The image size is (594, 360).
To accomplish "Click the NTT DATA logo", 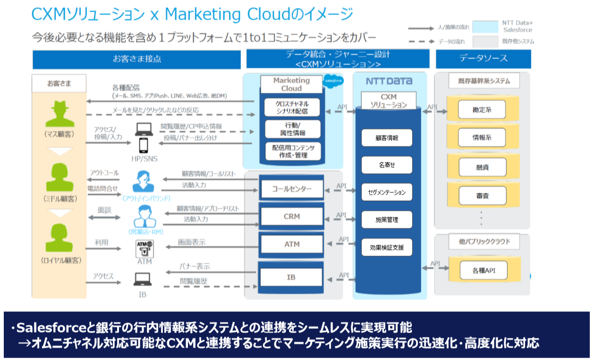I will [389, 81].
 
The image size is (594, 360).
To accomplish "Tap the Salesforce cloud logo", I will [334, 81].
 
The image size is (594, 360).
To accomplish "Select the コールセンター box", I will [291, 189].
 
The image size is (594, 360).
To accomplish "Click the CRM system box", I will [291, 216].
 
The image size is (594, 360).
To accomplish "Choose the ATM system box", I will [291, 244].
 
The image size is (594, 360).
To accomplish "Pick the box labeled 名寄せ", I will [387, 165].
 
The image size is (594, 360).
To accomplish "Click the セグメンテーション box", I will [387, 192].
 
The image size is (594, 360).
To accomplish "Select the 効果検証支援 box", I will [387, 247].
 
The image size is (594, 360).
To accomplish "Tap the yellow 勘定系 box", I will [482, 110].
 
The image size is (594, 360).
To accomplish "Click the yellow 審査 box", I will [482, 195].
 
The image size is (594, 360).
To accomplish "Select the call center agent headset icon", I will [143, 180].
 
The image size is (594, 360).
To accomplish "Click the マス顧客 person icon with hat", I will [59, 115].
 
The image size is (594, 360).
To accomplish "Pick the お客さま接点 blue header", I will [136, 59].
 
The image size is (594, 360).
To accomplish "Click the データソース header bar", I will [483, 59].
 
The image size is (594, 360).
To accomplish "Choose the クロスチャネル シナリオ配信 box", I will [292, 107].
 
